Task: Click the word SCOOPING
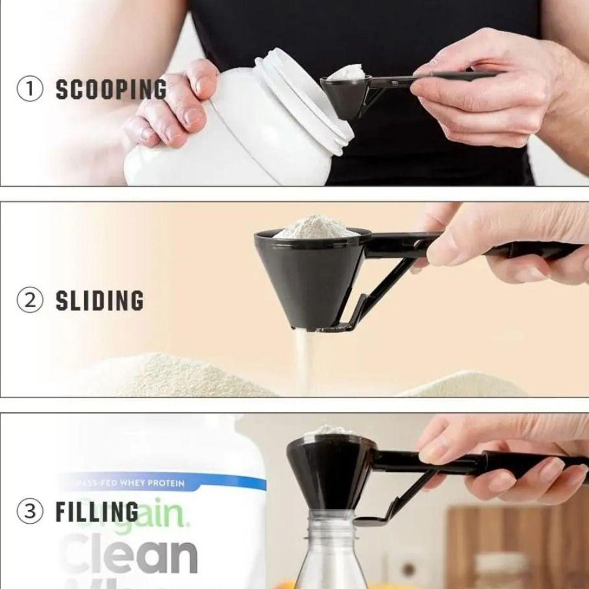coord(111,90)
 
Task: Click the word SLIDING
coord(99,300)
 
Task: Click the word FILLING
coord(97,511)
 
